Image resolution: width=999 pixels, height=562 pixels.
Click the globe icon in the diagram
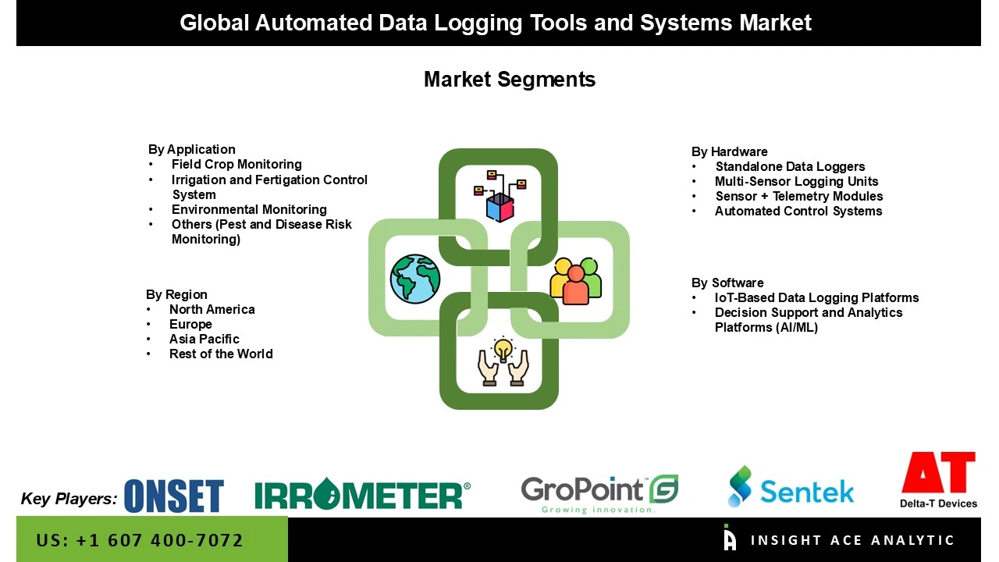point(415,279)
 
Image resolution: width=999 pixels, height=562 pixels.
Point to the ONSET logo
point(173,496)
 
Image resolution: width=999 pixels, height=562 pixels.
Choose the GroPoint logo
point(599,494)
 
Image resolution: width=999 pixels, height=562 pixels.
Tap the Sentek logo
point(791,487)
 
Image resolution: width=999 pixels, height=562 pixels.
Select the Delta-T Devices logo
point(938,480)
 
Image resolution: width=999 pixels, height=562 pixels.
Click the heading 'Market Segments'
point(509,79)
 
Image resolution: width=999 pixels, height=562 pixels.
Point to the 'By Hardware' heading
point(729,151)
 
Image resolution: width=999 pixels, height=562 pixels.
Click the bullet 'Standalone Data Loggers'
point(790,166)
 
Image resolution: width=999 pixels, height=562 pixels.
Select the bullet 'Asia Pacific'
point(204,339)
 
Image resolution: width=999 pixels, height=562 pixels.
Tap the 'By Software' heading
point(727,283)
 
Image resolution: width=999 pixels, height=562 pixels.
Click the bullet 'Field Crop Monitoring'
point(236,164)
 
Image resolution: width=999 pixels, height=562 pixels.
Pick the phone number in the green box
point(140,540)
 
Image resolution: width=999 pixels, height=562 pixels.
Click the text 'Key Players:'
point(69,499)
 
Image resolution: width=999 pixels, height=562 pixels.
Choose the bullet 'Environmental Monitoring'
point(249,209)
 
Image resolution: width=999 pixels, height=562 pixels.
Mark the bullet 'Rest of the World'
point(221,354)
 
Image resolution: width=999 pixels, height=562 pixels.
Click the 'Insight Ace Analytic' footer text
point(852,540)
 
